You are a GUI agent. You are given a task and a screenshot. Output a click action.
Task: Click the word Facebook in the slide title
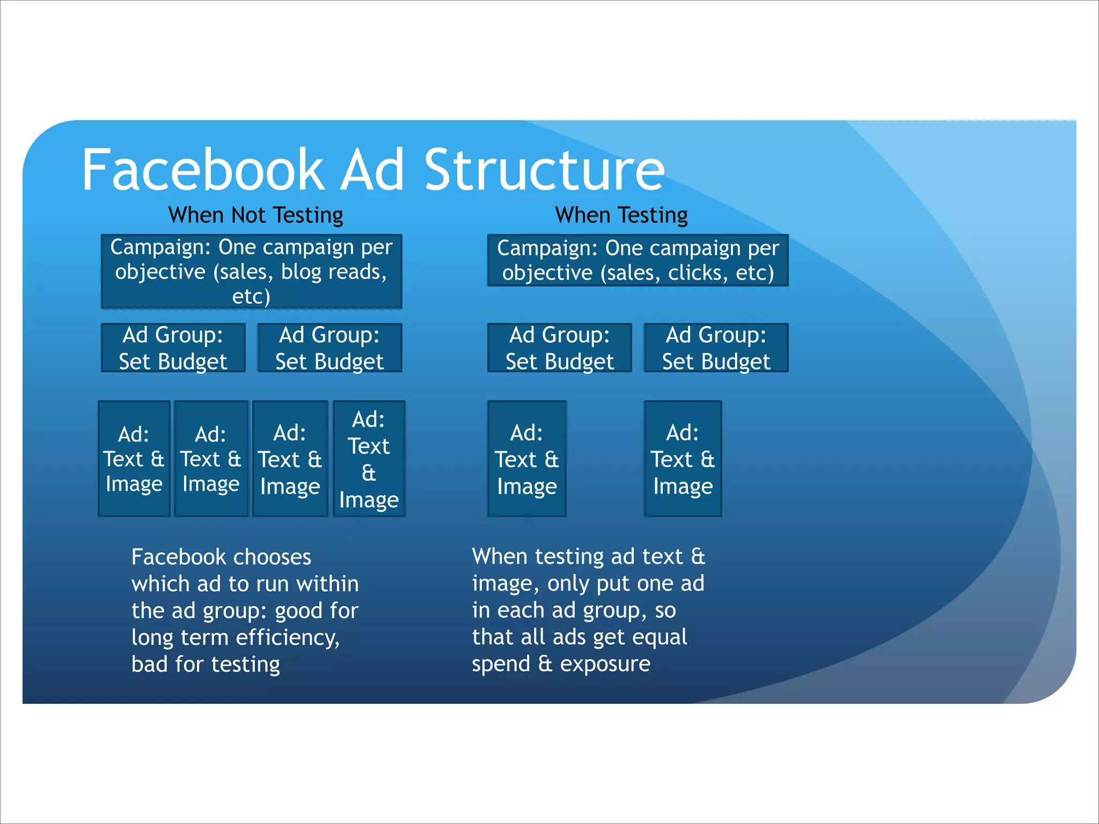[x=202, y=170]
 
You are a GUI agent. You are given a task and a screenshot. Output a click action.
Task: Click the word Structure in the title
[x=544, y=170]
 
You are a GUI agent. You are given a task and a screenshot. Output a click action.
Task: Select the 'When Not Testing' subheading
[x=255, y=215]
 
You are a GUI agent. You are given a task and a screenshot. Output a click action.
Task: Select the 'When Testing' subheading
[x=621, y=215]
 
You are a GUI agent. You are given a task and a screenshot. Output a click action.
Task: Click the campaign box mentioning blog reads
[x=251, y=271]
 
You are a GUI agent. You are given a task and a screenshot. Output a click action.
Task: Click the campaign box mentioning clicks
[x=638, y=260]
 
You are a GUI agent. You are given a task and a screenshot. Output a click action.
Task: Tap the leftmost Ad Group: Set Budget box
[x=173, y=348]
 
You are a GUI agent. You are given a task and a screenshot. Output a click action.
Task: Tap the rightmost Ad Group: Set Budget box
[x=716, y=348]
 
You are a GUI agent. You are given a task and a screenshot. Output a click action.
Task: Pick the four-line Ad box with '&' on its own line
[x=369, y=459]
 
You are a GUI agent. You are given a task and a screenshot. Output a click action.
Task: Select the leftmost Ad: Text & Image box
[x=134, y=459]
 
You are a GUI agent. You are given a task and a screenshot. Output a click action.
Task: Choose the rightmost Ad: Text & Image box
[x=683, y=459]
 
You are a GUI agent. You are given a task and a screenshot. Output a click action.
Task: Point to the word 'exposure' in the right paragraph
[x=605, y=664]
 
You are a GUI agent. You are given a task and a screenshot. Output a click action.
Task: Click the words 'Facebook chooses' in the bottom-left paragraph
[x=221, y=557]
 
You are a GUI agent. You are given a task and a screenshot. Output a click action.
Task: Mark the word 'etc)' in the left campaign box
[x=251, y=296]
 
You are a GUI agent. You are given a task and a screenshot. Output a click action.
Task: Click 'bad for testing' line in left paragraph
[x=206, y=664]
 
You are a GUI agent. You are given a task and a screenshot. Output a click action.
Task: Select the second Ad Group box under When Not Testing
[x=329, y=348]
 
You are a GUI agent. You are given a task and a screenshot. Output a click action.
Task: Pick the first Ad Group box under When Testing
[x=559, y=348]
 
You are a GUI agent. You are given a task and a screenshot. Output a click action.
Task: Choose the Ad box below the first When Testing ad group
[x=526, y=459]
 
